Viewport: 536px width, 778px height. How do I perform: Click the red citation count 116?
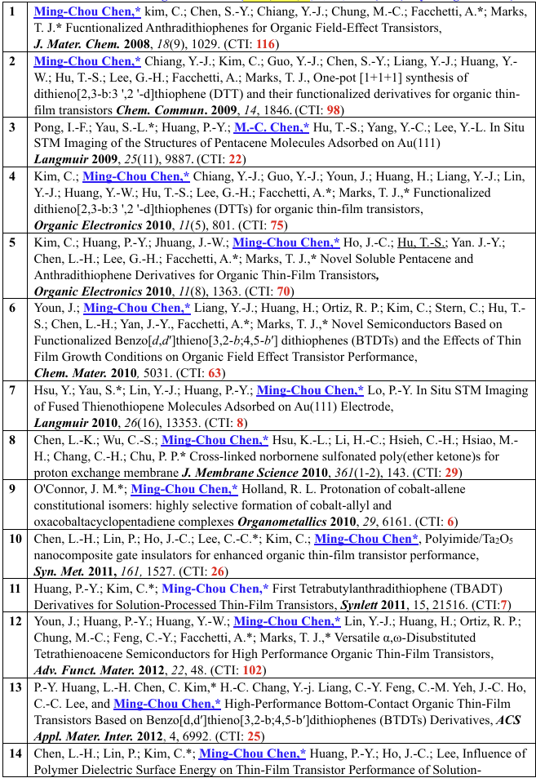265,44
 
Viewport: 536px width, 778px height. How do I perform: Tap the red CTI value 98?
333,110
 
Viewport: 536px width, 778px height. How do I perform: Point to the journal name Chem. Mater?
70,373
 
